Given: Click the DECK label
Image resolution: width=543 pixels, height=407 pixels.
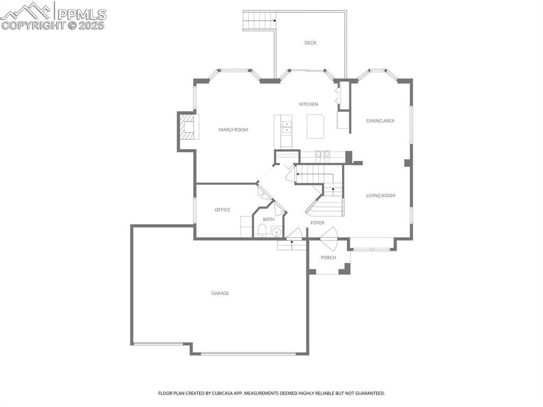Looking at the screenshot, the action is [310, 42].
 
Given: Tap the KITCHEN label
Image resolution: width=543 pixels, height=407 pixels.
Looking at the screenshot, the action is [309, 104].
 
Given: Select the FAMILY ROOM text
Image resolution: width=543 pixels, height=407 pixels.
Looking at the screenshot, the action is [233, 129].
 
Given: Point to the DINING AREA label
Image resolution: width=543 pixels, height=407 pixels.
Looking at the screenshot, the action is [380, 120].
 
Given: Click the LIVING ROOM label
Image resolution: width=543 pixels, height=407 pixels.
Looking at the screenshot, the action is [381, 195].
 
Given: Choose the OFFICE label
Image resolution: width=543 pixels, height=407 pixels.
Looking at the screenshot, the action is [222, 210].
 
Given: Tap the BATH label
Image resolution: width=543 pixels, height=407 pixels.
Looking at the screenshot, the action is [268, 219].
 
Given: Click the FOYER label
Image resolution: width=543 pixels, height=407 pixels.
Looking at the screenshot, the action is [317, 222].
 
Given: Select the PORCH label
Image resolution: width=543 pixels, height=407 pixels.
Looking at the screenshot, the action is [328, 257].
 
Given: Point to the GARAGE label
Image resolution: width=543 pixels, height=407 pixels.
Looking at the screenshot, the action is [220, 293].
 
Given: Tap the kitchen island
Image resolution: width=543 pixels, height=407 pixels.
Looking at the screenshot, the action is [316, 126].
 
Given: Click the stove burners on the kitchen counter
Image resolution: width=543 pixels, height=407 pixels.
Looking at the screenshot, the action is [322, 157].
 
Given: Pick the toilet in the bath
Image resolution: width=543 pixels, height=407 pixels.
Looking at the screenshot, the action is [262, 230].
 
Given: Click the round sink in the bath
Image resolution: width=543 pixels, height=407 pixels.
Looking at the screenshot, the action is [277, 231].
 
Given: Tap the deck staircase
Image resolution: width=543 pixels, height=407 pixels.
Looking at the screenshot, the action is [259, 21].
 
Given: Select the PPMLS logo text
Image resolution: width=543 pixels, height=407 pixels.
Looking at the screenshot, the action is [82, 14].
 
